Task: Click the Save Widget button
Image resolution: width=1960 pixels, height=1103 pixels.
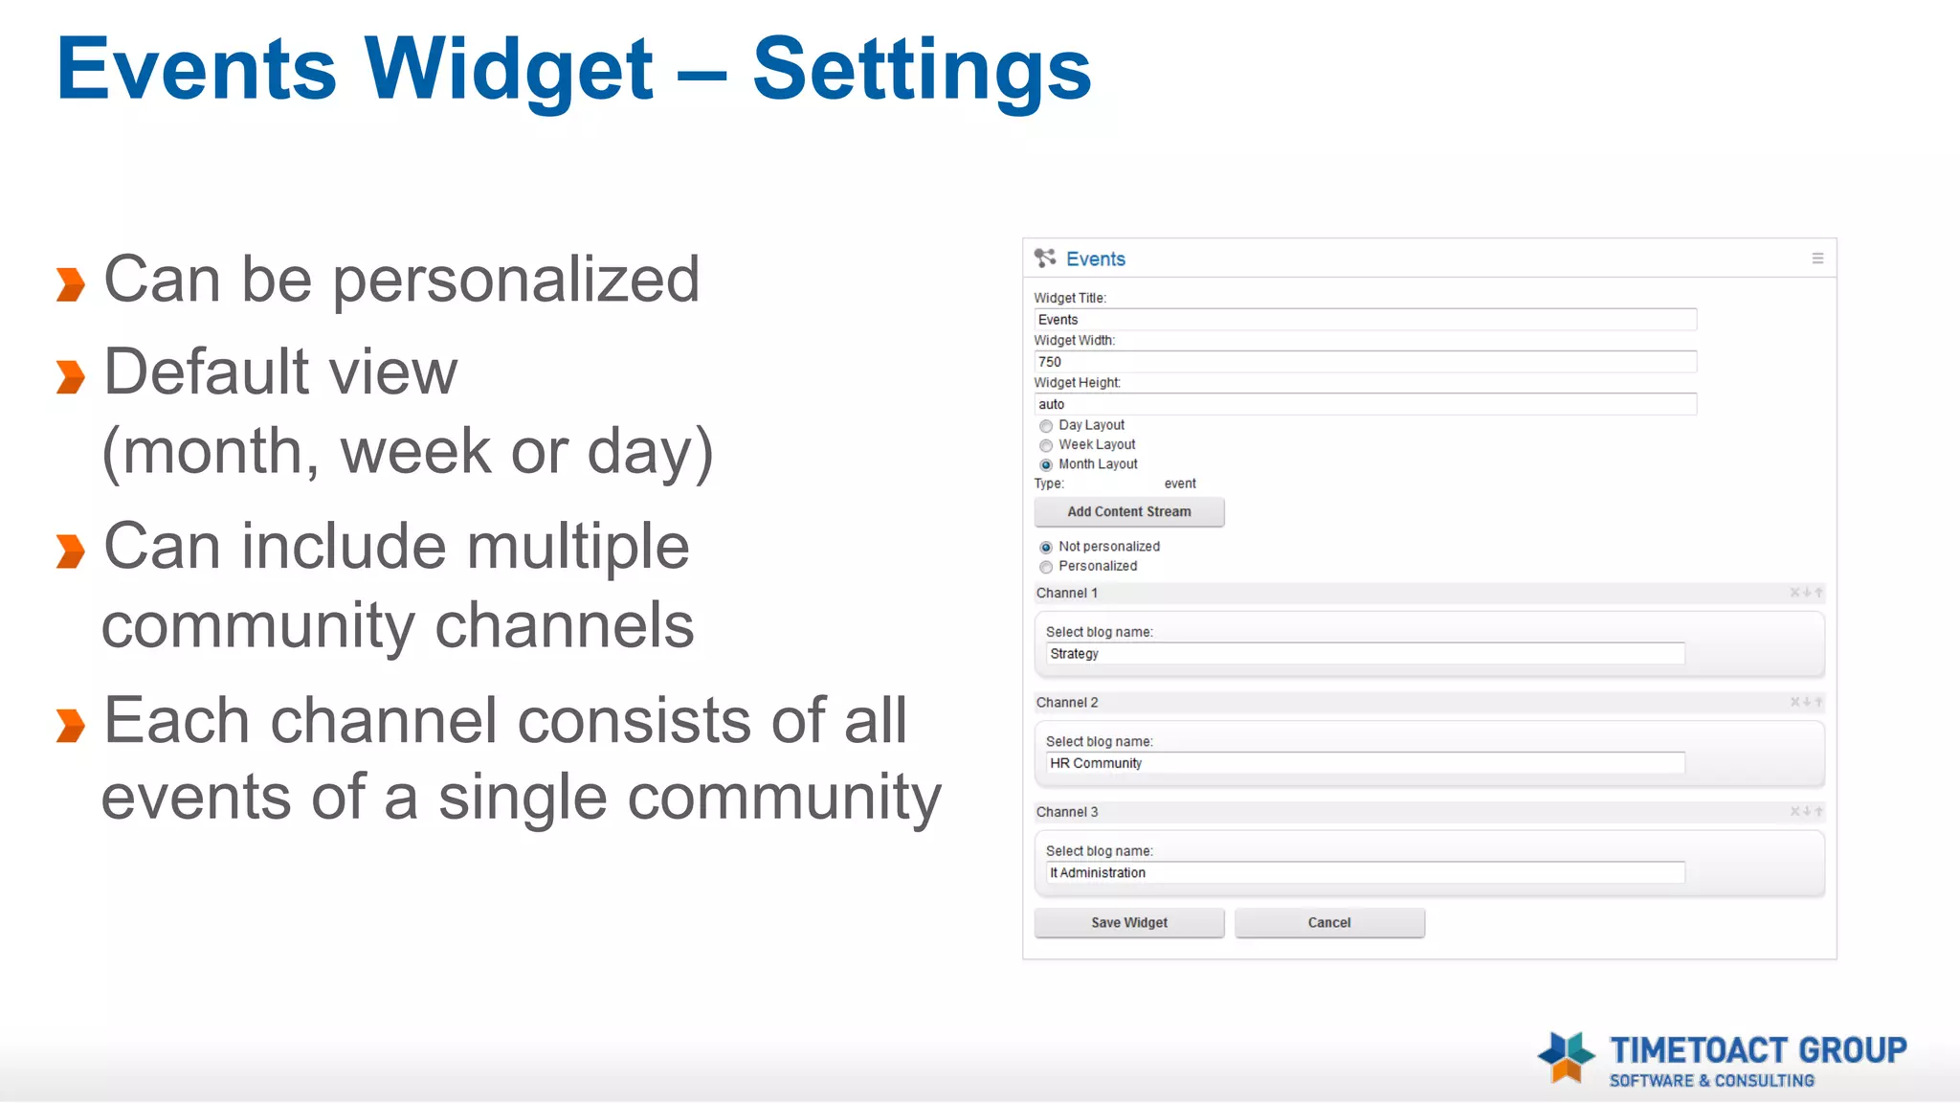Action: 1128,923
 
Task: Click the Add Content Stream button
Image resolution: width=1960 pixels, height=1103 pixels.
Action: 1128,512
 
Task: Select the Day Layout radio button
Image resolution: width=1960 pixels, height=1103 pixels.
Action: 1046,426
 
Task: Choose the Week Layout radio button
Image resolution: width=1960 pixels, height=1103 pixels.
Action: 1046,445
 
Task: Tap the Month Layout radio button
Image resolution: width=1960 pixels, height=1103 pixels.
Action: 1046,465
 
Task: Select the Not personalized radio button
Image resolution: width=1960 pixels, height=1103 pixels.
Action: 1046,548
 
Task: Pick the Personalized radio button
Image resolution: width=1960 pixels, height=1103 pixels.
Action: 1046,567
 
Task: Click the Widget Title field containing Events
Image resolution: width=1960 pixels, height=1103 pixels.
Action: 1364,320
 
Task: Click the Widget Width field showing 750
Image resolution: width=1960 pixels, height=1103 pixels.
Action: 1364,362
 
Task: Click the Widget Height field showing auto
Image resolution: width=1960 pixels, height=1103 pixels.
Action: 1364,404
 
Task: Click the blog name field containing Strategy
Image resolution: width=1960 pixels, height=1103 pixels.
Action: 1364,654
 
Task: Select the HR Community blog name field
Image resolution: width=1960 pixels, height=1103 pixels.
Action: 1364,763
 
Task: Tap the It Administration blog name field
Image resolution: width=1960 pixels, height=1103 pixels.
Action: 1364,873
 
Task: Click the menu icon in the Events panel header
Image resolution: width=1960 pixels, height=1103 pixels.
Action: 1817,259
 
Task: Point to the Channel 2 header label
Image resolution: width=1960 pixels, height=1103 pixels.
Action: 1067,703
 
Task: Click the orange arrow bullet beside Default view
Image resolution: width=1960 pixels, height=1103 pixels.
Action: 71,376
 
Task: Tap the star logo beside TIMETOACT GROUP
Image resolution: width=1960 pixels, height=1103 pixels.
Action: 1566,1057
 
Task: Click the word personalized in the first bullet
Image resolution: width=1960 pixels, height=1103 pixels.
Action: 516,281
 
